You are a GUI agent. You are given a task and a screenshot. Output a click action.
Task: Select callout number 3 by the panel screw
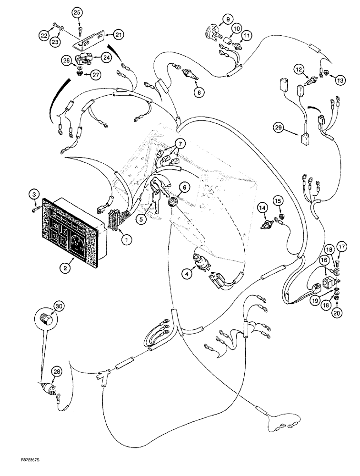coord(34,194)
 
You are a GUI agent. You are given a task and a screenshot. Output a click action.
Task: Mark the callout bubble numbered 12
coord(300,69)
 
